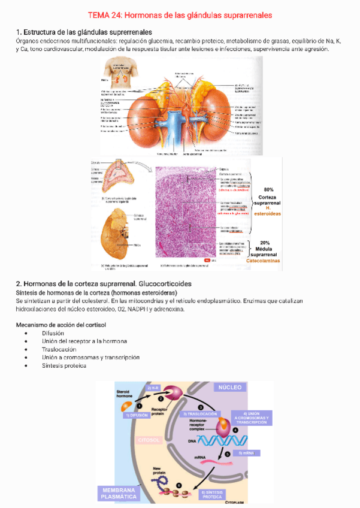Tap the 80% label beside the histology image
pyautogui.click(x=268, y=189)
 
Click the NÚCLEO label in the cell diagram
pyautogui.click(x=230, y=388)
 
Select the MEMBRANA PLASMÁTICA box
pyautogui.click(x=118, y=493)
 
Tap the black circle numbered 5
pyautogui.click(x=227, y=455)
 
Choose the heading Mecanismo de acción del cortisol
pyautogui.click(x=60, y=325)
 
